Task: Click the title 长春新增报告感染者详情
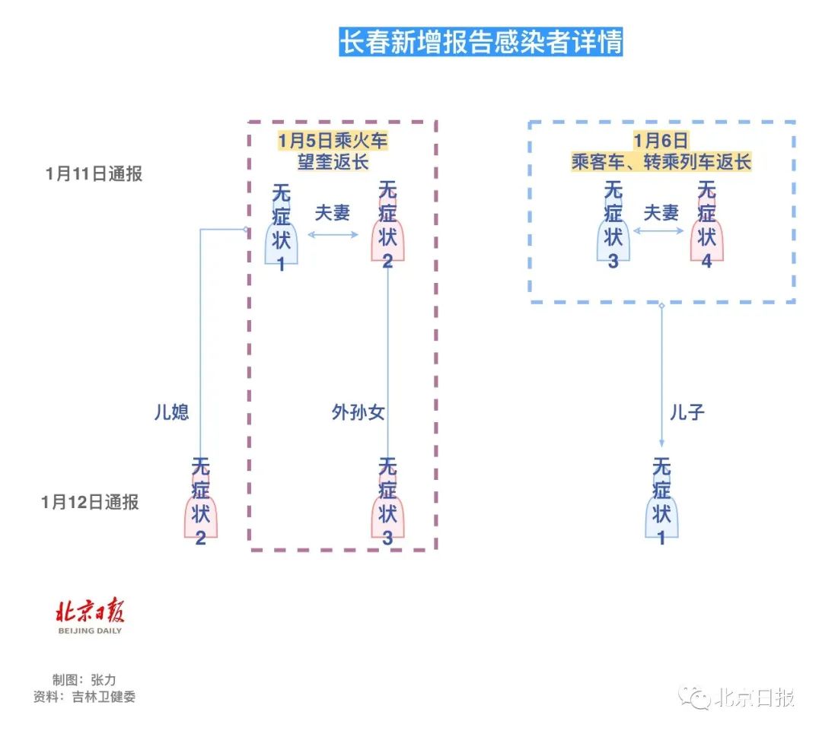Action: pyautogui.click(x=480, y=43)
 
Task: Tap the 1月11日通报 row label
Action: pyautogui.click(x=94, y=174)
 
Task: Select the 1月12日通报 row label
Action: pyautogui.click(x=91, y=502)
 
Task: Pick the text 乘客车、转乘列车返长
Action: pyautogui.click(x=661, y=161)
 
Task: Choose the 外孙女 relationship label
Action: pyautogui.click(x=358, y=412)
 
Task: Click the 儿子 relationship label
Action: pyautogui.click(x=687, y=412)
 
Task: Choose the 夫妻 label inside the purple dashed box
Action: pyautogui.click(x=332, y=213)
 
